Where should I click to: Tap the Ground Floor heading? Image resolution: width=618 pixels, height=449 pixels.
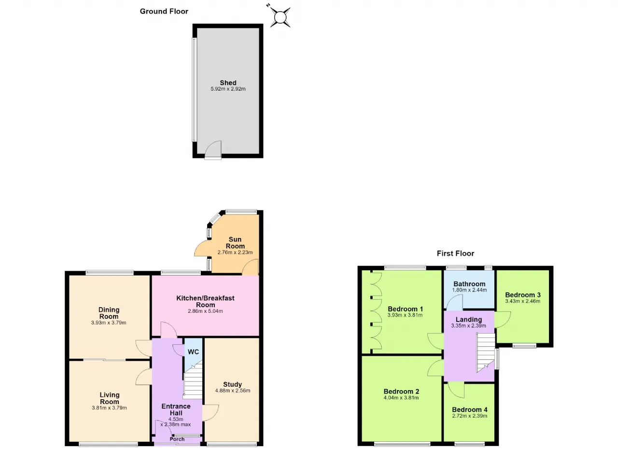coord(164,11)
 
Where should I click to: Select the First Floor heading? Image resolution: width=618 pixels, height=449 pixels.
coord(455,253)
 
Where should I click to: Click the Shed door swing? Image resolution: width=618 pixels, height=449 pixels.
coord(213,149)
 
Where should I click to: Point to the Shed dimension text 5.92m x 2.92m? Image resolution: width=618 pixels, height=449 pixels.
coord(228,89)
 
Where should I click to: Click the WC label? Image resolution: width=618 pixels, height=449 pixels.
coord(193,352)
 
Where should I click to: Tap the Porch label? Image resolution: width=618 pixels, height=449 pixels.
coord(177,439)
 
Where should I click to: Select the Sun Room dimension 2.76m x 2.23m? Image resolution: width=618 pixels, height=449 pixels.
coord(235,252)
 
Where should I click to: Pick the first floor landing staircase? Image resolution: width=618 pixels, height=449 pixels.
coord(486,352)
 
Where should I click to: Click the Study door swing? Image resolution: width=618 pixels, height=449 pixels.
coord(211,413)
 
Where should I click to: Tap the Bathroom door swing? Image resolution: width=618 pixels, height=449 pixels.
coord(454,302)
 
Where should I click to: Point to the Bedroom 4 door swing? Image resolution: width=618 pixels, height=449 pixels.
coord(456,390)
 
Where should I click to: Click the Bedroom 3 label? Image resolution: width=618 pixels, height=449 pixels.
coord(522,295)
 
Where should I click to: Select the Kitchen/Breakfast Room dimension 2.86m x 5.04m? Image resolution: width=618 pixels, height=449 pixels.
coord(205,311)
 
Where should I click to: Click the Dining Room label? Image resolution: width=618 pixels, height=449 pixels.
coord(109,313)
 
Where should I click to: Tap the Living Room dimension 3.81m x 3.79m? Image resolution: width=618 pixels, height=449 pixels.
coord(109,407)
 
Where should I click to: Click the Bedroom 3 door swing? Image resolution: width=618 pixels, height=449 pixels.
coord(503,320)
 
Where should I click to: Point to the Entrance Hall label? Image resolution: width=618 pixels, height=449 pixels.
coord(176,409)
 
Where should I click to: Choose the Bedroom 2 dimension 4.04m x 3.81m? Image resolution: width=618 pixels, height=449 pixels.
coord(401,398)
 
